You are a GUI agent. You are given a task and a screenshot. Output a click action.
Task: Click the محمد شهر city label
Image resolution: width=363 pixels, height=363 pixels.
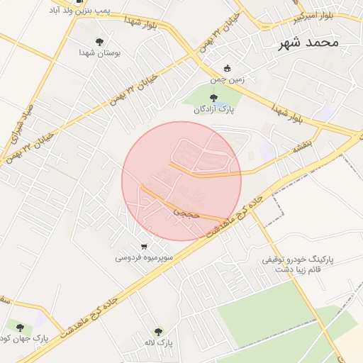(x=306, y=43)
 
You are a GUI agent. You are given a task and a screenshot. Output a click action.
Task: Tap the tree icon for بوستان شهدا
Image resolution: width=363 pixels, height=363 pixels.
(x=99, y=41)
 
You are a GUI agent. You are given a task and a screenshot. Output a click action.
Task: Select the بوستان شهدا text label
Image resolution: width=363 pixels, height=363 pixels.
(x=99, y=53)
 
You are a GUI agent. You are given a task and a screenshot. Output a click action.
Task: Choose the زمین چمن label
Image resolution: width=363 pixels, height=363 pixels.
(x=228, y=79)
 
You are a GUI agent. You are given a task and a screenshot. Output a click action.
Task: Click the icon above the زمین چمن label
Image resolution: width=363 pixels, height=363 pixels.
(x=227, y=68)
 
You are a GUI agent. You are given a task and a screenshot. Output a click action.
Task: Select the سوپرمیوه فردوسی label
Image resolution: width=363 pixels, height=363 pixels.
(x=143, y=258)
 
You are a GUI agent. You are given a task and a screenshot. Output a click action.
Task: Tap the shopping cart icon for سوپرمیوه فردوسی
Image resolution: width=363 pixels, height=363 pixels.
(x=144, y=247)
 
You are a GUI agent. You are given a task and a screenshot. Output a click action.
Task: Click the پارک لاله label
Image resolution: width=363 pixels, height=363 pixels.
(x=157, y=343)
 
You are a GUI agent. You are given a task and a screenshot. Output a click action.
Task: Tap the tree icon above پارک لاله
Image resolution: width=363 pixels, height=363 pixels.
(x=157, y=331)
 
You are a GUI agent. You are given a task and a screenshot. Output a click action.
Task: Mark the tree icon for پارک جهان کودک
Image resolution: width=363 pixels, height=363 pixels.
(x=20, y=327)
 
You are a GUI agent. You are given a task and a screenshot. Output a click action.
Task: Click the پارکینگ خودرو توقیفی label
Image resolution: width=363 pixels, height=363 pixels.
(x=293, y=261)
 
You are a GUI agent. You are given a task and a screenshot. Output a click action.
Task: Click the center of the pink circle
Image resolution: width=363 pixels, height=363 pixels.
(x=181, y=181)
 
